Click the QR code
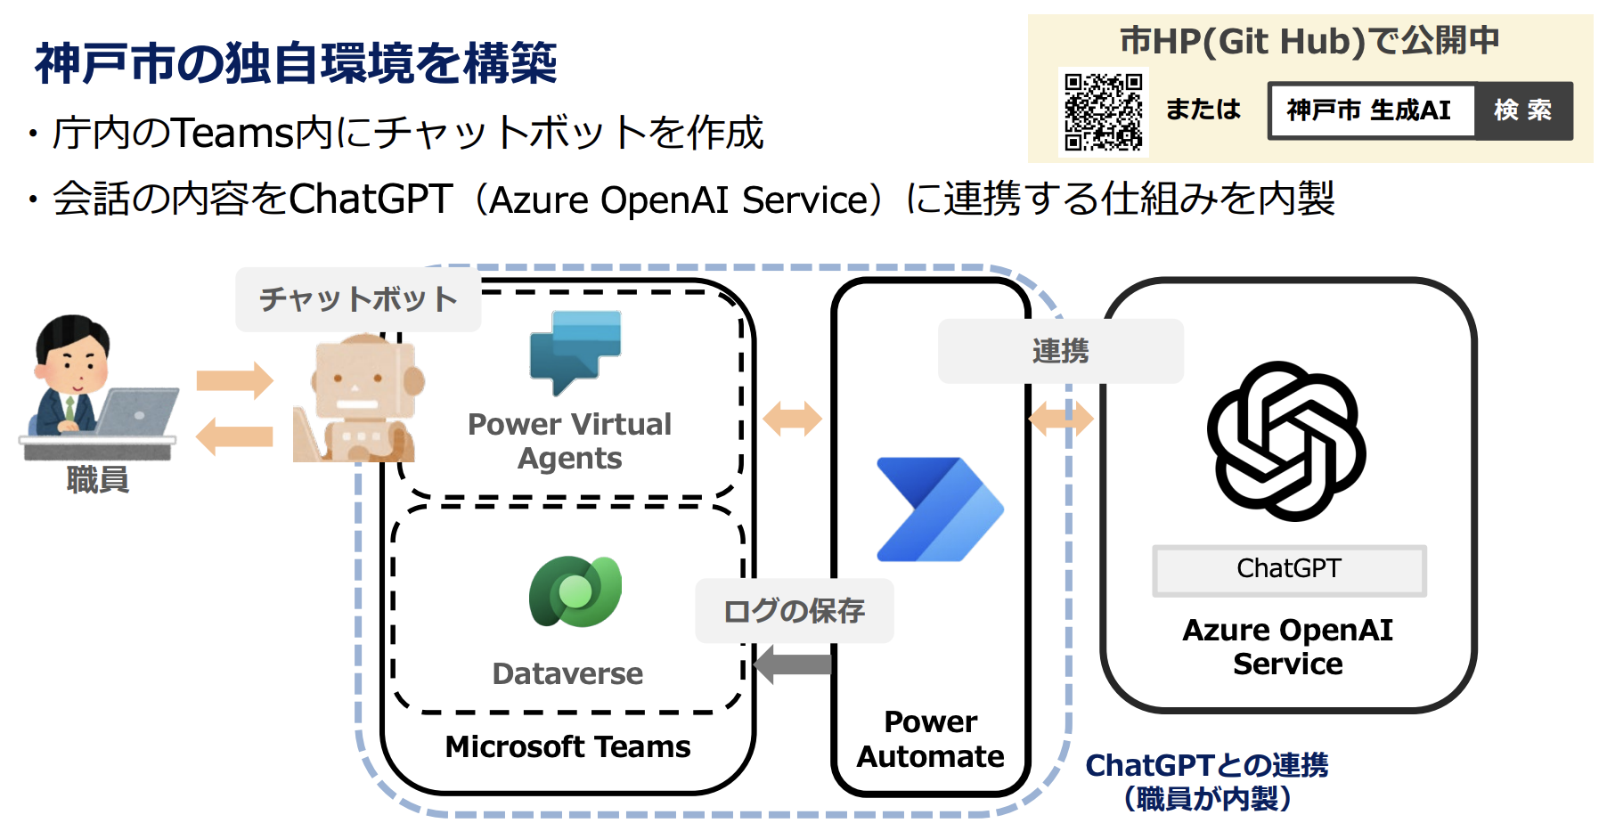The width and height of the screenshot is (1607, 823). pyautogui.click(x=1103, y=111)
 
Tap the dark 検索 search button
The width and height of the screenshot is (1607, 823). pyautogui.click(x=1523, y=110)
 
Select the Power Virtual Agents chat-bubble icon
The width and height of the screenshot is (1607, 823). pyautogui.click(x=575, y=351)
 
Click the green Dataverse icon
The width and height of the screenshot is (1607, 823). pyautogui.click(x=575, y=591)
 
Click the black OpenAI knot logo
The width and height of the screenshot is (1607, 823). pyautogui.click(x=1286, y=441)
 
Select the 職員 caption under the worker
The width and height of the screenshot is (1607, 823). pyautogui.click(x=98, y=480)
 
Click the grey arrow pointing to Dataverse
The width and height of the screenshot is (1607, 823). pyautogui.click(x=792, y=664)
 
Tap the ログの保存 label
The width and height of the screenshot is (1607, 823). pyautogui.click(x=794, y=611)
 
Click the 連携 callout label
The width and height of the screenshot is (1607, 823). pyautogui.click(x=1060, y=351)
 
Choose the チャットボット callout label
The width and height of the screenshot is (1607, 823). pyautogui.click(x=358, y=299)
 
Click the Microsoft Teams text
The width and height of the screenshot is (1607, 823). pyautogui.click(x=567, y=746)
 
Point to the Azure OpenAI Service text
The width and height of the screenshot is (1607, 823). pyautogui.click(x=1287, y=647)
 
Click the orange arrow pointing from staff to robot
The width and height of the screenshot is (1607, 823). pyautogui.click(x=234, y=380)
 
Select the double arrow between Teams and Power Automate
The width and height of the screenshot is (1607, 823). pyautogui.click(x=792, y=418)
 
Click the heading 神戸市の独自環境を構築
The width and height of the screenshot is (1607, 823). pyautogui.click(x=296, y=63)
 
